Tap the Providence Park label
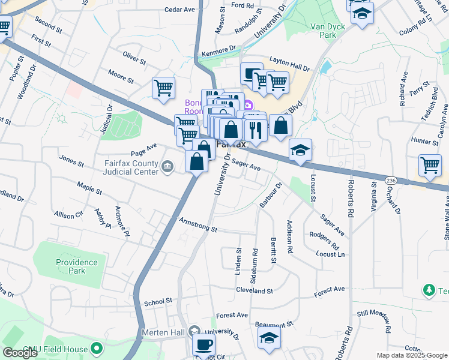click(x=76, y=266)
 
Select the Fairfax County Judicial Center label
click(x=130, y=167)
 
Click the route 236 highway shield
click(x=390, y=180)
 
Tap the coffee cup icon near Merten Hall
click(x=203, y=345)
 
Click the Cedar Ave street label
click(x=180, y=10)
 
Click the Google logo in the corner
click(x=20, y=353)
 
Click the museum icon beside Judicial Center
click(x=168, y=166)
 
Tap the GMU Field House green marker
click(x=97, y=349)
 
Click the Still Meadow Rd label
click(x=374, y=322)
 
